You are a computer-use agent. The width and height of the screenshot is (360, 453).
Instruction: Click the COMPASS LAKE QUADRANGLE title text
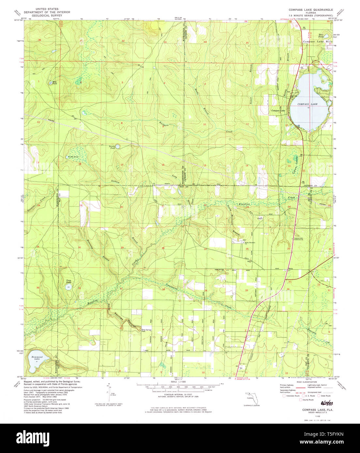310,10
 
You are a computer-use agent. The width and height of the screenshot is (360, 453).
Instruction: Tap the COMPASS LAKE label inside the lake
307,104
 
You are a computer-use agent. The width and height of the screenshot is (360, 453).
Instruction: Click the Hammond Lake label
37,358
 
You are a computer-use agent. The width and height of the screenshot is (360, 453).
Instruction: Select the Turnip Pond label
112,147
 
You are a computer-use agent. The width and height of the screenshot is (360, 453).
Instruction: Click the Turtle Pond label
73,157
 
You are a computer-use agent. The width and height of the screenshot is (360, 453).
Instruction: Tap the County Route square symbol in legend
301,400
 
